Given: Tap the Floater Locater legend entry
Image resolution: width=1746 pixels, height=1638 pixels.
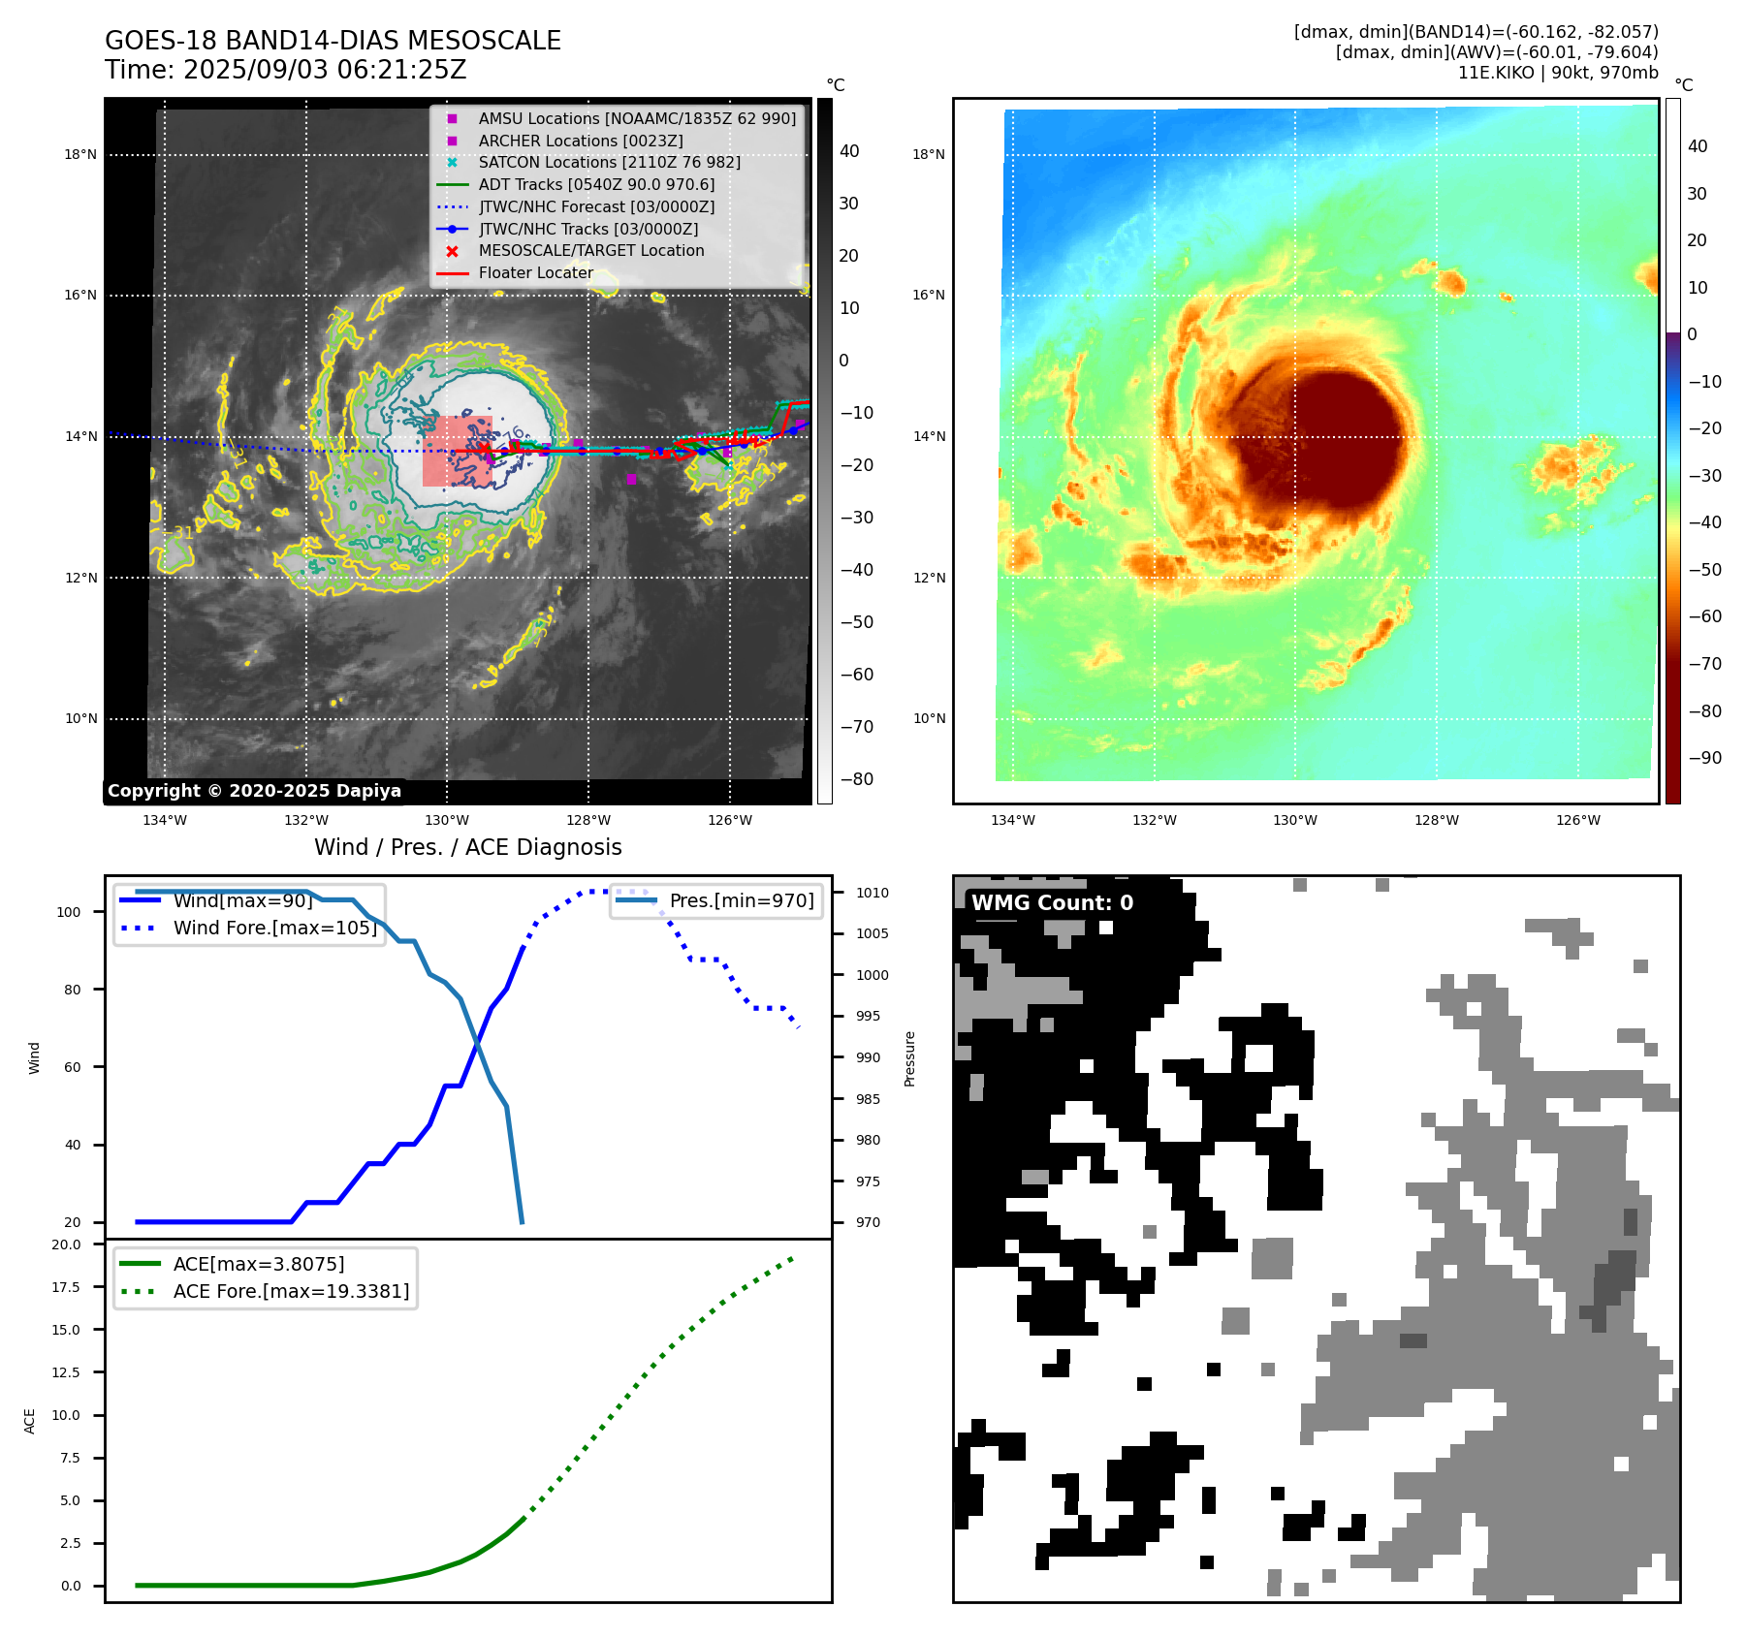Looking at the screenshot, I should pyautogui.click(x=535, y=272).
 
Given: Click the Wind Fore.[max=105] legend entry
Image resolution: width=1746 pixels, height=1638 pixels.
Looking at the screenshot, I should pyautogui.click(x=274, y=928).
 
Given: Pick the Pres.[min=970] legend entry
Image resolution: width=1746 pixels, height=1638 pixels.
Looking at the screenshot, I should pyautogui.click(x=741, y=900).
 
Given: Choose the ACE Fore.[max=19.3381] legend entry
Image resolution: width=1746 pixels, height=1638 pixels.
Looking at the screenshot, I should pyautogui.click(x=291, y=1291).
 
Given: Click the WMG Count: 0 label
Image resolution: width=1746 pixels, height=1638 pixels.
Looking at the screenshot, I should pyautogui.click(x=1052, y=902).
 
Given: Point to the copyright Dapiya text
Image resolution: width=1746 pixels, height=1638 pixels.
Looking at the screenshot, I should pyautogui.click(x=254, y=791).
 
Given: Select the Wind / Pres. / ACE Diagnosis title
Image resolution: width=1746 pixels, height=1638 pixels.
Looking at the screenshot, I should pyautogui.click(x=468, y=847).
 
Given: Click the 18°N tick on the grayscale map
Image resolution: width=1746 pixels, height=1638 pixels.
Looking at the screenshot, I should pyautogui.click(x=80, y=154).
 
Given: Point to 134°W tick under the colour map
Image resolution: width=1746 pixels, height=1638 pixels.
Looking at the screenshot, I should pyautogui.click(x=1013, y=820).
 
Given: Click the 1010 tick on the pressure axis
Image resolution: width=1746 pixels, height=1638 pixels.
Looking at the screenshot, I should pyautogui.click(x=872, y=893).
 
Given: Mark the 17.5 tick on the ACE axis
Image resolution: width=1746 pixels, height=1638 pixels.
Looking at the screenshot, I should pyautogui.click(x=67, y=1287).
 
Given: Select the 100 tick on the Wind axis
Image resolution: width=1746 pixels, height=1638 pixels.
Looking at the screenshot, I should pyautogui.click(x=69, y=912).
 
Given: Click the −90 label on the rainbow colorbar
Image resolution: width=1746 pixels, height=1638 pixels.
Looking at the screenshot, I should pyautogui.click(x=1704, y=758).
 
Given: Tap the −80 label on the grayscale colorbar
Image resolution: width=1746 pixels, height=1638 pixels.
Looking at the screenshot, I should pyautogui.click(x=856, y=779).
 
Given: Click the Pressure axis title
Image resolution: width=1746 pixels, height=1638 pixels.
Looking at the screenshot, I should pyautogui.click(x=909, y=1058).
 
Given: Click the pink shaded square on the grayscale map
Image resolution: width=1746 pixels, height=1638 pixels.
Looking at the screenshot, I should pyautogui.click(x=457, y=451).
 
